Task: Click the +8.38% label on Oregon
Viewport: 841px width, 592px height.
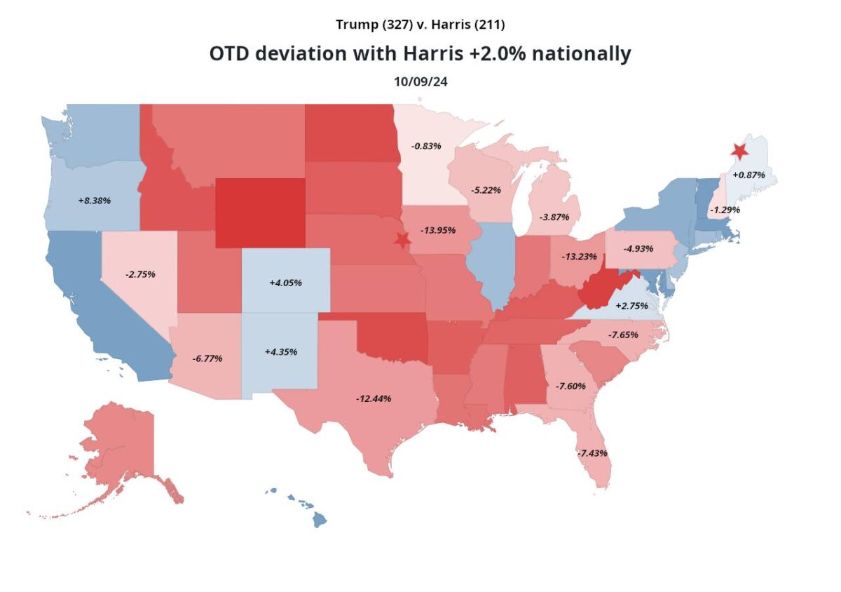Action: (95, 200)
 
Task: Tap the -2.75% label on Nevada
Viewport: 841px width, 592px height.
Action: (140, 274)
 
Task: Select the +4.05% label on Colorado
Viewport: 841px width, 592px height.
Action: (285, 283)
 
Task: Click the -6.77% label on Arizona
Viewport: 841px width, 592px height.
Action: (207, 358)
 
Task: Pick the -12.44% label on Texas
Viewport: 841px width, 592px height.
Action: (374, 398)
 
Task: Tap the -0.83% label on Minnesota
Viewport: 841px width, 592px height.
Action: (426, 146)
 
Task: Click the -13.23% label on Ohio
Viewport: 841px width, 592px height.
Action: (579, 256)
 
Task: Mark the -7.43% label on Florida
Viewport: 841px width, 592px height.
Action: (592, 453)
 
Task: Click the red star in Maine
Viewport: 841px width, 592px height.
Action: (739, 151)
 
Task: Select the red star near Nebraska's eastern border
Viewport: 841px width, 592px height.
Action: (402, 240)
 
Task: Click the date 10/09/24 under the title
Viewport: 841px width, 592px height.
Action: (420, 81)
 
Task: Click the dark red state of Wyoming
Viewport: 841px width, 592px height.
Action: (260, 213)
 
